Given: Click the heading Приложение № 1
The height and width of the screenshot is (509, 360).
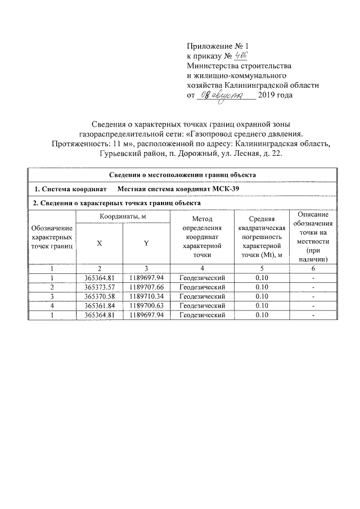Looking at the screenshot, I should tap(216, 46).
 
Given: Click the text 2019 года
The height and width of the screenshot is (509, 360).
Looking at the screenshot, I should tap(275, 96).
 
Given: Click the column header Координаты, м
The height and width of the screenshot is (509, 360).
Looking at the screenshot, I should tap(123, 217).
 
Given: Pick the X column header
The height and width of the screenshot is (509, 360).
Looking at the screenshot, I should tap(100, 243).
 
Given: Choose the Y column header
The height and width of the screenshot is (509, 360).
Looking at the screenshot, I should tap(146, 243).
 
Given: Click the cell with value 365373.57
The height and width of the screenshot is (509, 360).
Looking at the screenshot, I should tap(100, 287).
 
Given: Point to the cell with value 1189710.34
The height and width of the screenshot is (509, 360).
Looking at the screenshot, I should tap(146, 296).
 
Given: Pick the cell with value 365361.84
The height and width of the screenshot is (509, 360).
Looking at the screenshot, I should tap(100, 305).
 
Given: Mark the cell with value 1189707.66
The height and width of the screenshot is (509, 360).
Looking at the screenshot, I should tap(146, 287).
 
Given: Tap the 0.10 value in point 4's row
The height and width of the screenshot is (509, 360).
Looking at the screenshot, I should tap(260, 305).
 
